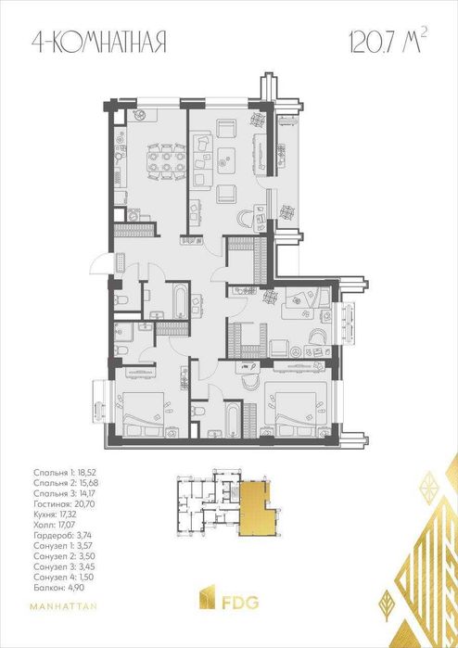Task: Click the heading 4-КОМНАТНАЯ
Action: [x=99, y=43]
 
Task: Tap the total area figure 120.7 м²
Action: [x=388, y=41]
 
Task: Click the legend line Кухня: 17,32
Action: [x=56, y=515]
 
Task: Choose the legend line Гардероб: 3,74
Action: [x=59, y=536]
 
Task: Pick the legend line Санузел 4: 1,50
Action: [x=61, y=577]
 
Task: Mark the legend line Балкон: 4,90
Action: [x=56, y=587]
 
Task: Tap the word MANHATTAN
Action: [x=63, y=606]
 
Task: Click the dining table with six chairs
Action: [x=166, y=161]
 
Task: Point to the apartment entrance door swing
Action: [x=100, y=264]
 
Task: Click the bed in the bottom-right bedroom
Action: [x=298, y=414]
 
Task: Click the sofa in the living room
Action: [x=202, y=159]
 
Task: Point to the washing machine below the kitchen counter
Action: [x=134, y=216]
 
